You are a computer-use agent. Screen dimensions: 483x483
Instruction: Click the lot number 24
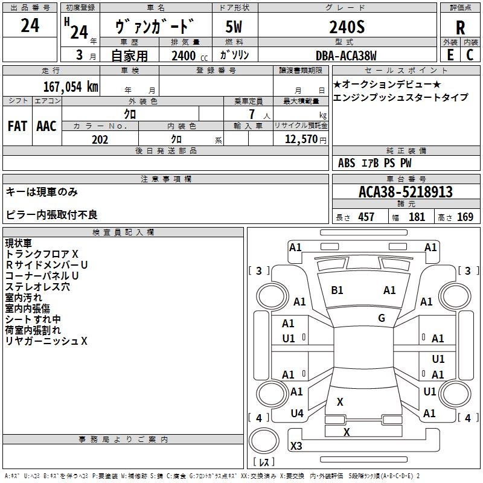click(x=30, y=26)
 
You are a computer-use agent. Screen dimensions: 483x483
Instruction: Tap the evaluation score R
click(x=460, y=28)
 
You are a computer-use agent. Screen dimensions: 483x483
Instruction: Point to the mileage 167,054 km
click(x=71, y=86)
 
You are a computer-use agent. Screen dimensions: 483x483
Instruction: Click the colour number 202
click(x=100, y=139)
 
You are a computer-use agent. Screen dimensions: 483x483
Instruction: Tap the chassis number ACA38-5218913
click(x=405, y=192)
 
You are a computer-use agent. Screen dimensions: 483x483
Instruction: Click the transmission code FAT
click(x=18, y=126)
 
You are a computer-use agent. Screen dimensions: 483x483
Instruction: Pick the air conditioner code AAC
click(x=46, y=126)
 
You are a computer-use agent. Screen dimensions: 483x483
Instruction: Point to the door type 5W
click(x=233, y=26)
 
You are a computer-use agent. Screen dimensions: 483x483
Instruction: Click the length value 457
click(x=366, y=217)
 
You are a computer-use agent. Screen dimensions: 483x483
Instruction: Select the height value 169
click(x=465, y=217)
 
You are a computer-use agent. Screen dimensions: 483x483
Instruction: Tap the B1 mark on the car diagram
click(x=337, y=290)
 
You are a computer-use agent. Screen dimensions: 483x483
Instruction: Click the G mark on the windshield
click(x=382, y=318)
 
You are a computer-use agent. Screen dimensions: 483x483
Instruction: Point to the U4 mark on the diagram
click(x=296, y=414)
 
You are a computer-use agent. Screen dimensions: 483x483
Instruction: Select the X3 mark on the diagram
click(x=296, y=446)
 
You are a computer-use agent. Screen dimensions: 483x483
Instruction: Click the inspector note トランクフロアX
click(x=42, y=254)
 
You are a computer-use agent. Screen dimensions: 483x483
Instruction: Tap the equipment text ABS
click(x=347, y=163)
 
